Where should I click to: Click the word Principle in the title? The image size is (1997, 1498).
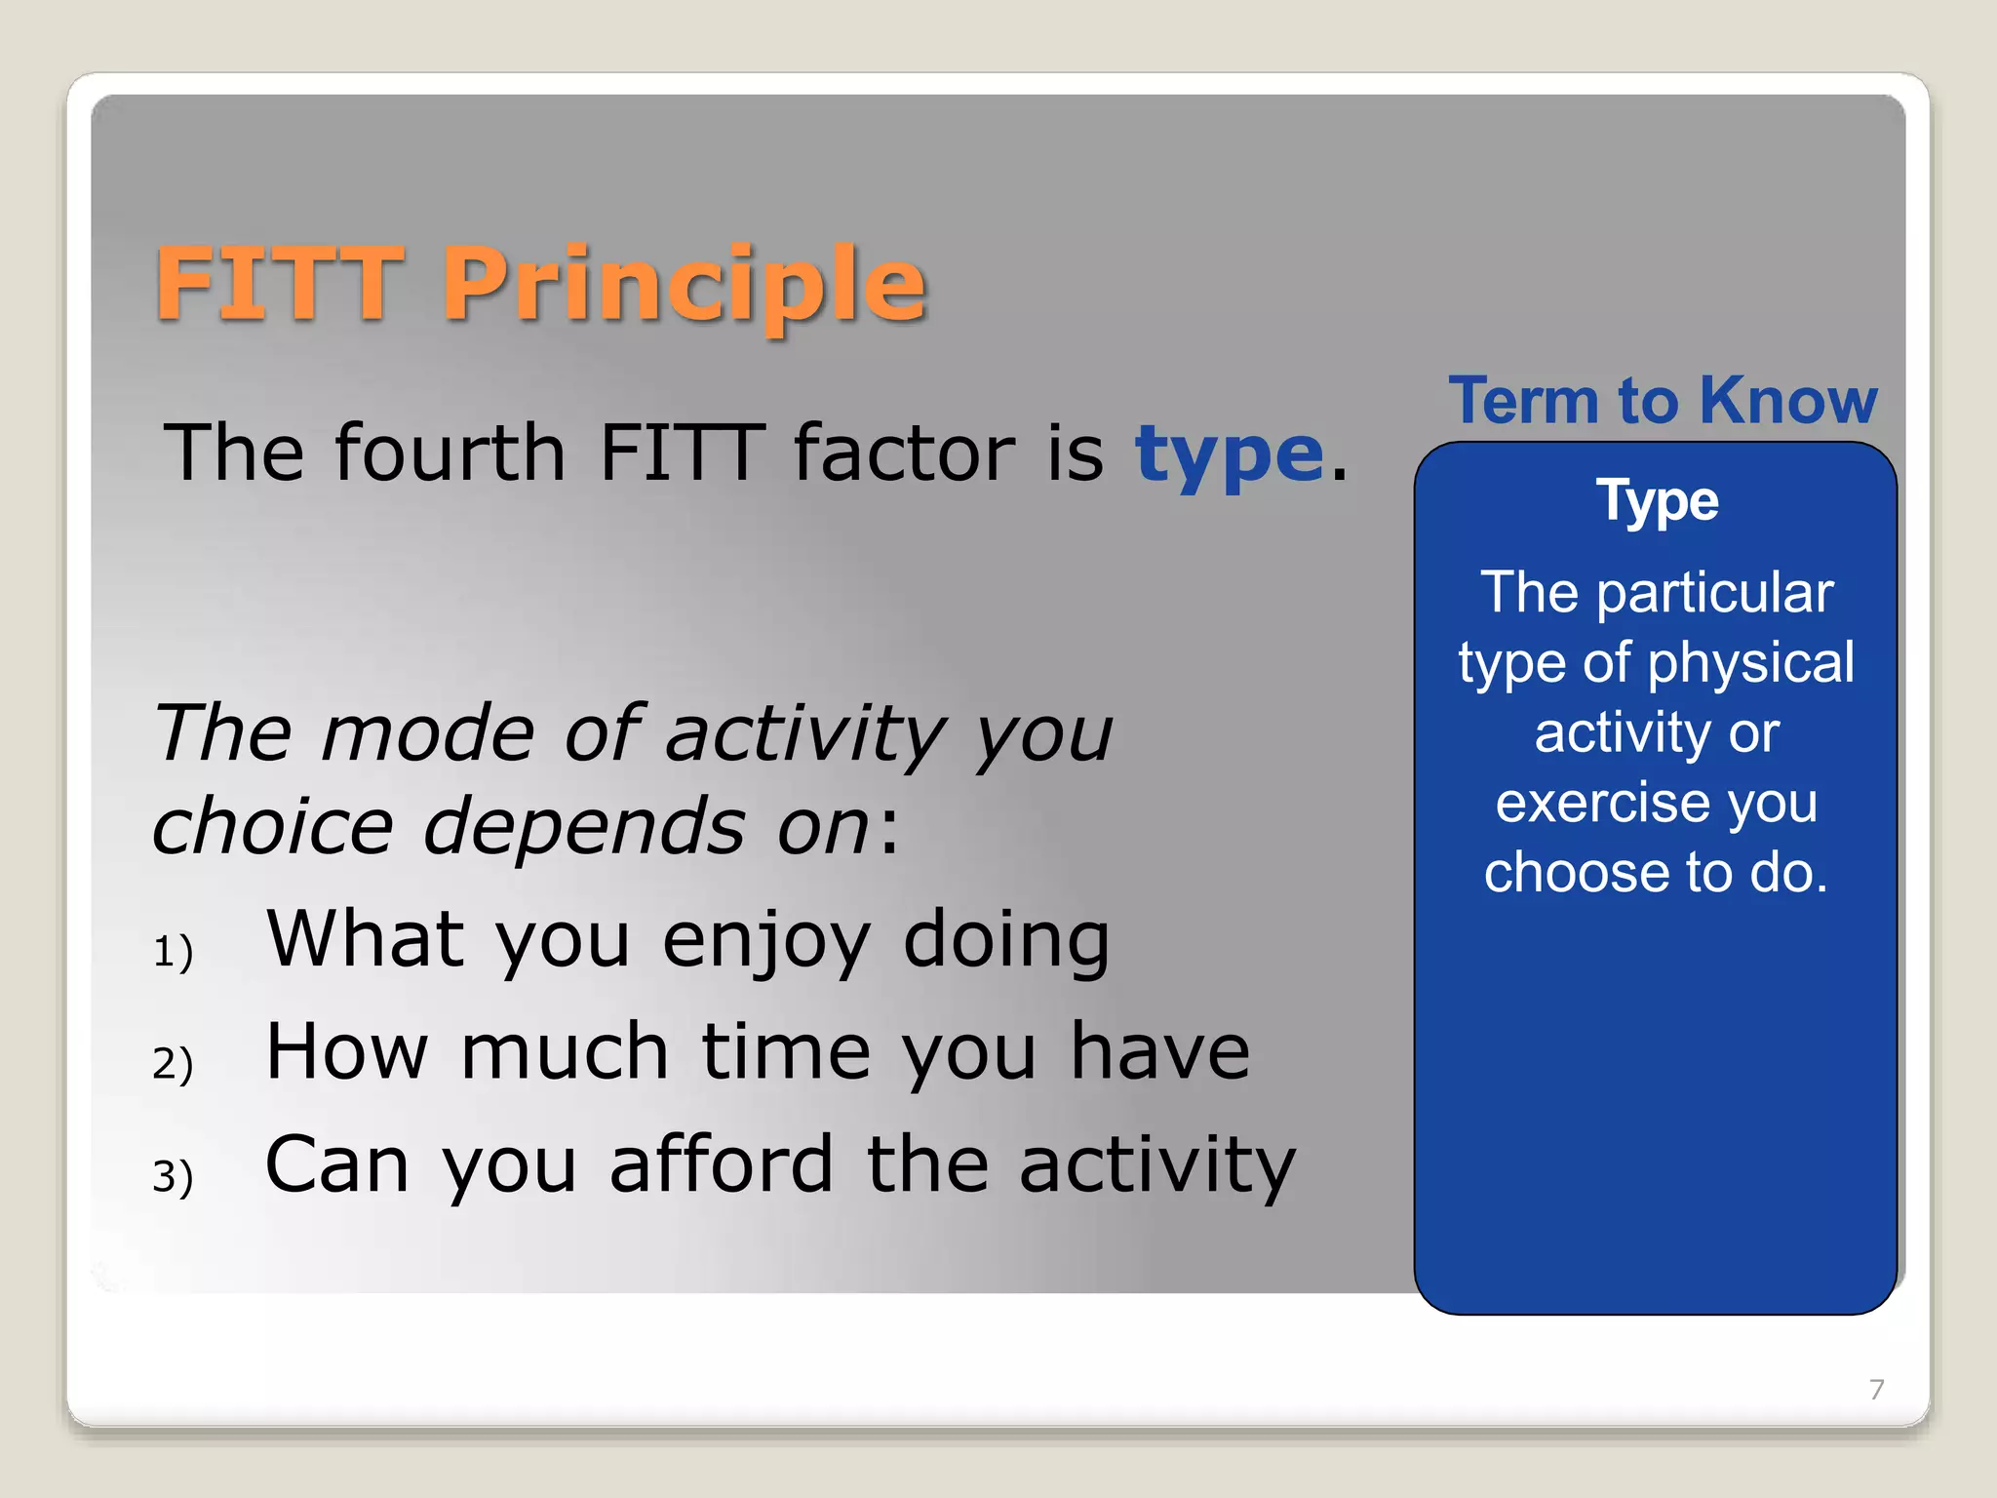pos(684,284)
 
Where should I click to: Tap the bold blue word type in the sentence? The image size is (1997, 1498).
pos(1229,454)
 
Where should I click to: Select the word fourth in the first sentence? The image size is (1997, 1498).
pos(450,453)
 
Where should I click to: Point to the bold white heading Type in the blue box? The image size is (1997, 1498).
pos(1657,502)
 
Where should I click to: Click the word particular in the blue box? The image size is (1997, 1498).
pos(1715,592)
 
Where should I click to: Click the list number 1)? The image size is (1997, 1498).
pos(174,952)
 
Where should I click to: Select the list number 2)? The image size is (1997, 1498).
pos(174,1063)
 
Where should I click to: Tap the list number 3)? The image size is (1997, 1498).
pos(174,1176)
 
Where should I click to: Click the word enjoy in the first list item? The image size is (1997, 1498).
pos(765,941)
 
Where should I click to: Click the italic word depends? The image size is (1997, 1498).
pos(584,827)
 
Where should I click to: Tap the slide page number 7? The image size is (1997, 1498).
pos(1876,1389)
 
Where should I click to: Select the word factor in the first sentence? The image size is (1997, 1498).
pos(905,453)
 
